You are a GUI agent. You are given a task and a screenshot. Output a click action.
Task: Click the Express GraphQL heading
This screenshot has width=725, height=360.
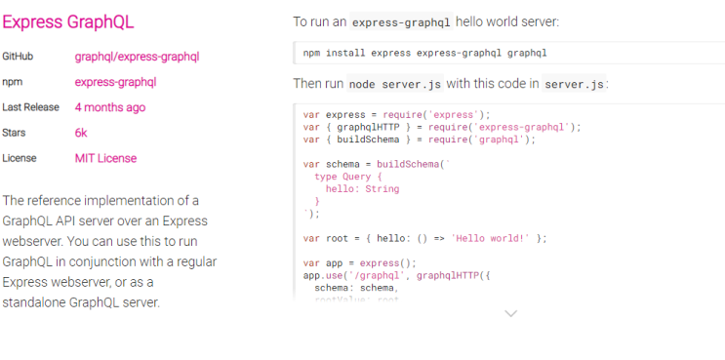point(68,21)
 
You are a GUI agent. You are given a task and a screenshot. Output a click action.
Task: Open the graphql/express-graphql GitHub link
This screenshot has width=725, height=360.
point(137,57)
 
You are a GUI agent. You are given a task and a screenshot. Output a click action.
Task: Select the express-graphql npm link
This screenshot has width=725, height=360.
point(115,82)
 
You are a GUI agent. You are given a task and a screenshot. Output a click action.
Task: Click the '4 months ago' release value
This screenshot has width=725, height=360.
point(110,107)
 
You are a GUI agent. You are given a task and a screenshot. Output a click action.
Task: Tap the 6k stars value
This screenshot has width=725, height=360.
point(81,133)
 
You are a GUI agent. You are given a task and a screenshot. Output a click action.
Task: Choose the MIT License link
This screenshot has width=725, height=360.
point(105,158)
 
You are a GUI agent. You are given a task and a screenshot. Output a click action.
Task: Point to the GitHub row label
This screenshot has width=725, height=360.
point(18,57)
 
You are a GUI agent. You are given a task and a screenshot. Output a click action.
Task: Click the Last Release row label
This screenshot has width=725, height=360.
point(30,107)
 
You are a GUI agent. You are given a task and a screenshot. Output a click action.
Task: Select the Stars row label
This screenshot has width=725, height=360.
point(15,133)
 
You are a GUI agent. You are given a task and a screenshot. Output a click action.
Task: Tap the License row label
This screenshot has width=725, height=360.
point(20,158)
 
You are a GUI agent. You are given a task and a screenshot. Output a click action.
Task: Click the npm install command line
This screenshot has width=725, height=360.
point(424,53)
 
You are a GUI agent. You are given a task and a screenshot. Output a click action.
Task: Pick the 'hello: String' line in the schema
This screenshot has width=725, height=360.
point(362,188)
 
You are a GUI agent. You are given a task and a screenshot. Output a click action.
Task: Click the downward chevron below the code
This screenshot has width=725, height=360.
point(510,313)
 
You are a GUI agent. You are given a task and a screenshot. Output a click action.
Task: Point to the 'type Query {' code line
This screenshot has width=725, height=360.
point(348,177)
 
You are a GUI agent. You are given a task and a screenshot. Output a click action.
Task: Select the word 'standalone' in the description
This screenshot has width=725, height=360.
point(37,302)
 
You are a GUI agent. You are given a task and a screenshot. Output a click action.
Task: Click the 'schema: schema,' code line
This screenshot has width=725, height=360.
point(355,288)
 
